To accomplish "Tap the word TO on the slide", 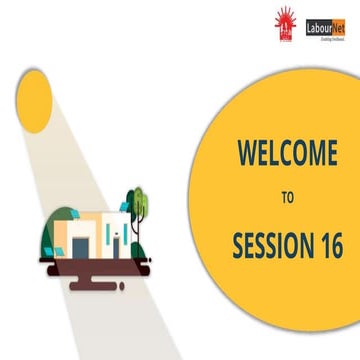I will click(287, 197).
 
